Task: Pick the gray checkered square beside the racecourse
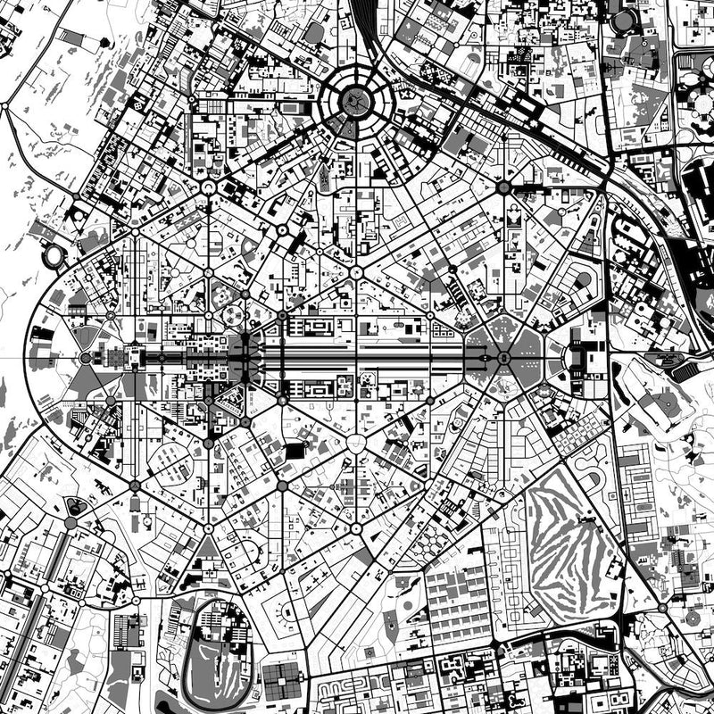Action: coord(283,683)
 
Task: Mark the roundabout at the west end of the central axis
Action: coord(86,358)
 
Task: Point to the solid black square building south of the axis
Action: coord(295,452)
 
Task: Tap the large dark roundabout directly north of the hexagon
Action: coord(502,187)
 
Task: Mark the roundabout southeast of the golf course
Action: coord(662,607)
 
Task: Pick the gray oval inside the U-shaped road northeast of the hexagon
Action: coord(583,280)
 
